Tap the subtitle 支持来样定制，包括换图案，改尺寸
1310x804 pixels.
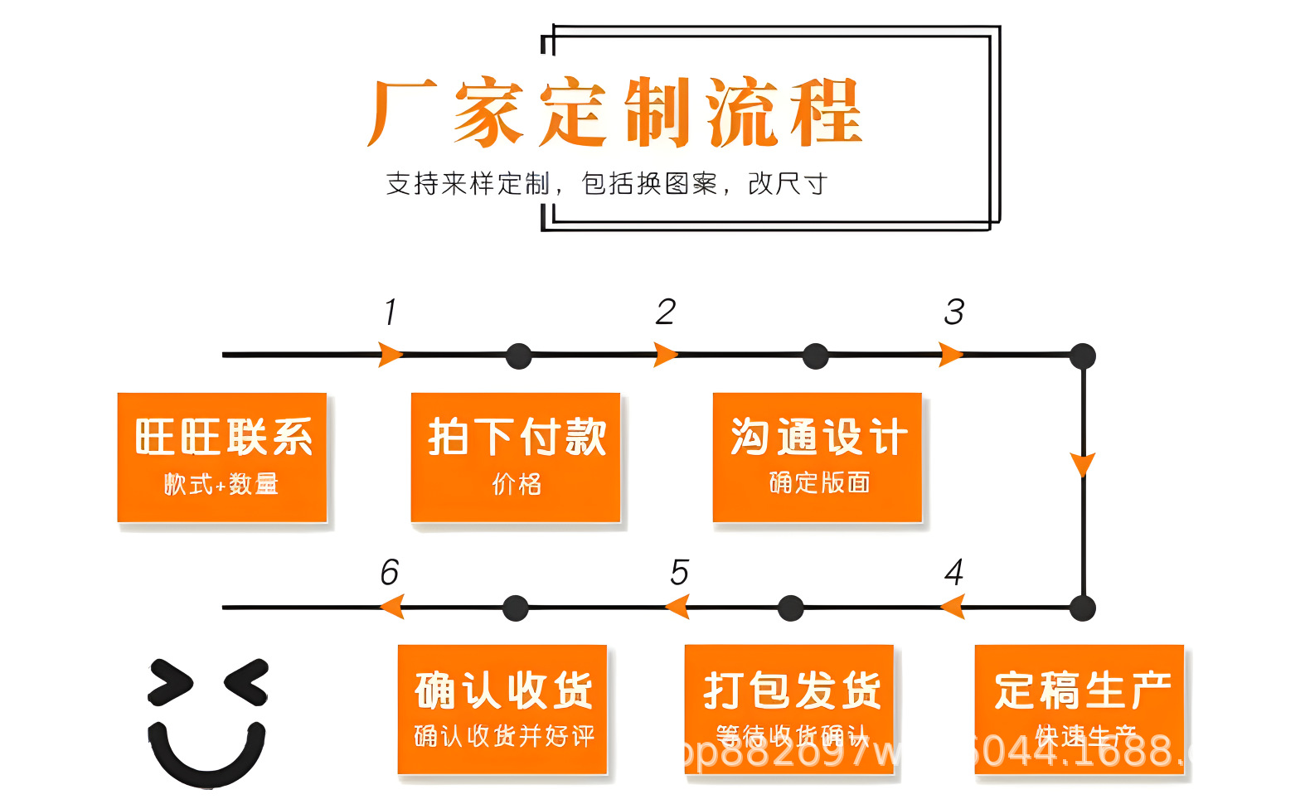pos(606,183)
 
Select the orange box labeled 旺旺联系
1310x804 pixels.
pos(222,457)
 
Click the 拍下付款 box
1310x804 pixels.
pos(516,457)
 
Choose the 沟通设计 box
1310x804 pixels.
pos(818,457)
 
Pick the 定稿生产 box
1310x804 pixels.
pos(1080,709)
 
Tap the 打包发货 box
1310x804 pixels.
pos(789,709)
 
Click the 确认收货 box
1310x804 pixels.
pos(502,709)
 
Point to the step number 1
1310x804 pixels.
pos(391,312)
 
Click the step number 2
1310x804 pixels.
pos(665,312)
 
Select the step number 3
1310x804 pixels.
pos(953,312)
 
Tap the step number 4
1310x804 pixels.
pos(953,572)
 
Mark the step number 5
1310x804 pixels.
pos(679,572)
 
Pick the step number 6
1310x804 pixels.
pos(389,572)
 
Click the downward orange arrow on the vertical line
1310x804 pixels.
pos(1083,464)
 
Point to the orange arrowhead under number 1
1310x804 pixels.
pos(391,355)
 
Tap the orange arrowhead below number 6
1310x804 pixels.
pos(391,608)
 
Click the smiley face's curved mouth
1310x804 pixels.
pos(207,758)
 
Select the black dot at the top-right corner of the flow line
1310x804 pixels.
pos(1083,356)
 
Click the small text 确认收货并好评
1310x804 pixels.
pos(504,736)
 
